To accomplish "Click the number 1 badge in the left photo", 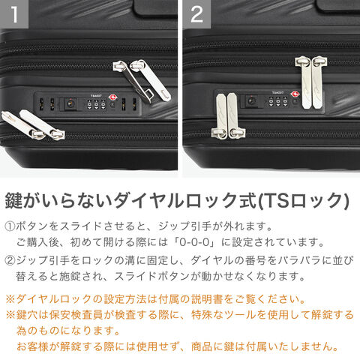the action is point(14,14).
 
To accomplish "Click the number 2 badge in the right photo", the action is point(196,14).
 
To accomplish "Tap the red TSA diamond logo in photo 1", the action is point(112,97).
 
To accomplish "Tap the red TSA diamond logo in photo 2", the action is point(295,94).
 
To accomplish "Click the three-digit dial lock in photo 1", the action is point(97,104).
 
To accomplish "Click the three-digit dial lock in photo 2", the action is point(278,102).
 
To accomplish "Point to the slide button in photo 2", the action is point(250,101).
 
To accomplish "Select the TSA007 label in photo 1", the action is point(96,96).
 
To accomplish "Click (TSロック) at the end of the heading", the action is point(303,200).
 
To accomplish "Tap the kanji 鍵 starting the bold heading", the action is point(14,200).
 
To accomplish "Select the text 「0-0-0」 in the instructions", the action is point(195,242).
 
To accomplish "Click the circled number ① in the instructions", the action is point(10,226).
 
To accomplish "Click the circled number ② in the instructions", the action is point(10,260).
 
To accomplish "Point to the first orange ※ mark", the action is point(10,299).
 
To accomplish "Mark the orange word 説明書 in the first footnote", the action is point(207,299).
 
